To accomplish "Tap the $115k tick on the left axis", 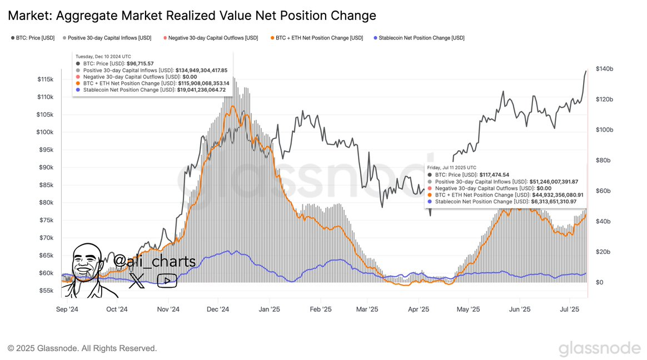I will (45, 79).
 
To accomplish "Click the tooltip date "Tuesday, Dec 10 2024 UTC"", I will (103, 56).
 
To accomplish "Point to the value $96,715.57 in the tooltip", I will (140, 64).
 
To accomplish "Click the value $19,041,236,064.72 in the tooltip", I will (201, 89).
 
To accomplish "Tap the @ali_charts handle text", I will (154, 261).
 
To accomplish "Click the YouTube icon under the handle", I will (167, 281).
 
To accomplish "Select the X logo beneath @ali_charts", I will (136, 281).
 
